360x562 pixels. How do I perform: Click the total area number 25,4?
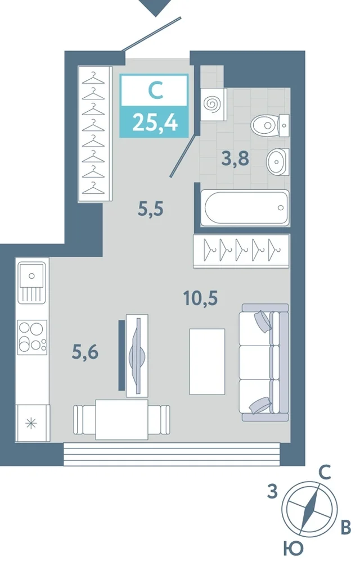155,122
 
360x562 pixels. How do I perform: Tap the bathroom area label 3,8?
235,158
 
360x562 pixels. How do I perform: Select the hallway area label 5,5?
151,209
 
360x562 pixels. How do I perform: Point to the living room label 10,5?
200,298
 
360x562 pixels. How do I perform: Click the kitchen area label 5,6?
85,352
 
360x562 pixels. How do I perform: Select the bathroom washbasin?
277,162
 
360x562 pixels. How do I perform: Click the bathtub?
245,208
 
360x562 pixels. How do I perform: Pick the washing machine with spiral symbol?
213,105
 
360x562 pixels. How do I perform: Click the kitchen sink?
32,282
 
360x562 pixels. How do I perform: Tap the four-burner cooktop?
32,337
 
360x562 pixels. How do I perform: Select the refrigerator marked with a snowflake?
32,423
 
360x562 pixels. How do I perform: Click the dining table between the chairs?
121,420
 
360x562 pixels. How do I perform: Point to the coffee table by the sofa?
207,361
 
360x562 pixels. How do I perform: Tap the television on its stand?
137,356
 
